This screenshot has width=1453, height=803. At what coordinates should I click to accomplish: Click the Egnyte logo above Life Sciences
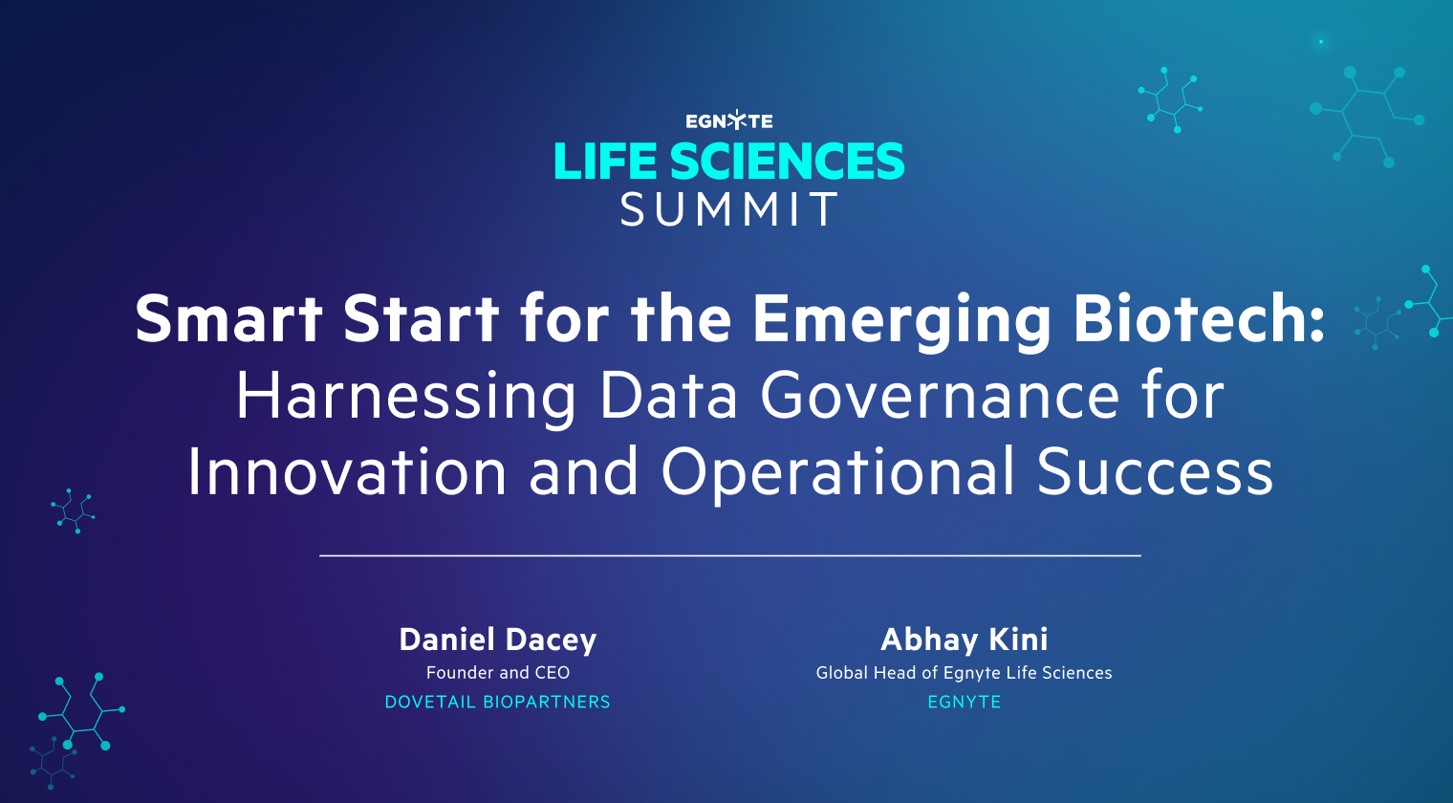tap(728, 121)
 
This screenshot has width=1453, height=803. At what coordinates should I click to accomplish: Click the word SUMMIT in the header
tap(729, 209)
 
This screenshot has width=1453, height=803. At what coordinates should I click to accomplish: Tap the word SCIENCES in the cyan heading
tap(787, 162)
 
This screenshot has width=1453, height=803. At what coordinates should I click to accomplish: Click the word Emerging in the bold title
tap(901, 320)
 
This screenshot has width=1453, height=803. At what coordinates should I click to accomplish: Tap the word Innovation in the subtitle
tap(347, 472)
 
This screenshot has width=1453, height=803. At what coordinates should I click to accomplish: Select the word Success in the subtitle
tap(1155, 472)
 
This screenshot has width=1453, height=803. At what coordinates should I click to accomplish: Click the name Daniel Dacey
tap(497, 640)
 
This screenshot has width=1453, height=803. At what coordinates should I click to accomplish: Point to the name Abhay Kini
tap(964, 639)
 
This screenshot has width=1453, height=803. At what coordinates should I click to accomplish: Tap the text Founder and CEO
tap(497, 673)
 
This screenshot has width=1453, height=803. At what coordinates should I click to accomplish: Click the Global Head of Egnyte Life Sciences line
tap(964, 673)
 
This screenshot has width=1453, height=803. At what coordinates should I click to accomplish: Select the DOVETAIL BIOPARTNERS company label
tap(497, 702)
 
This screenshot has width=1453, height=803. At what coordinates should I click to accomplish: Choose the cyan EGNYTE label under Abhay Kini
tap(964, 702)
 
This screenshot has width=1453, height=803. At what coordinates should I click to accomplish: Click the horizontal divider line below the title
tap(729, 554)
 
